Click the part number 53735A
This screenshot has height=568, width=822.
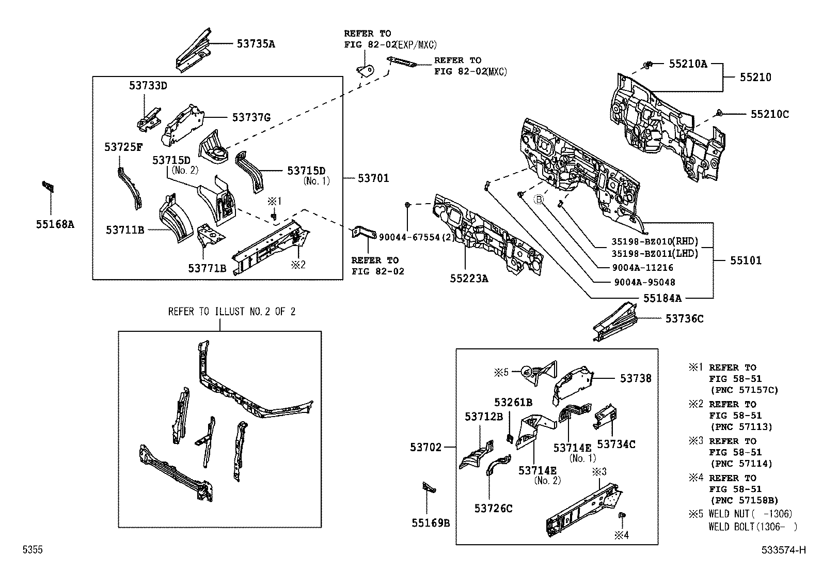256,44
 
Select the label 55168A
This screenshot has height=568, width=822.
55,224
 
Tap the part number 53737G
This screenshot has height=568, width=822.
251,118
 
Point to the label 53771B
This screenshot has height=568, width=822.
207,268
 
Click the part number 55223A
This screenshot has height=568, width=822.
468,279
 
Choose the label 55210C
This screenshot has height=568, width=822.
769,115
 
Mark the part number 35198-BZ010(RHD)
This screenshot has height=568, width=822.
655,241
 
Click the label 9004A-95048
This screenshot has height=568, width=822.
644,282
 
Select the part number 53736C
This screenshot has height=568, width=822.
684,319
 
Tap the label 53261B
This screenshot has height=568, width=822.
513,402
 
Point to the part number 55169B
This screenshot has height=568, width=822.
431,523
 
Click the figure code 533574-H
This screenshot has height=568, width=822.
783,550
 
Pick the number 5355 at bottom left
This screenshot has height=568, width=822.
32,550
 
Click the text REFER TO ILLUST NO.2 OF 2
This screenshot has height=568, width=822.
232,312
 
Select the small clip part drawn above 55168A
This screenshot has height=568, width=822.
49,187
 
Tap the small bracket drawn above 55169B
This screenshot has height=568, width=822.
429,487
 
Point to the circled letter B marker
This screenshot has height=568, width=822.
539,199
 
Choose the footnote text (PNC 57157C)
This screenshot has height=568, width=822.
744,390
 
